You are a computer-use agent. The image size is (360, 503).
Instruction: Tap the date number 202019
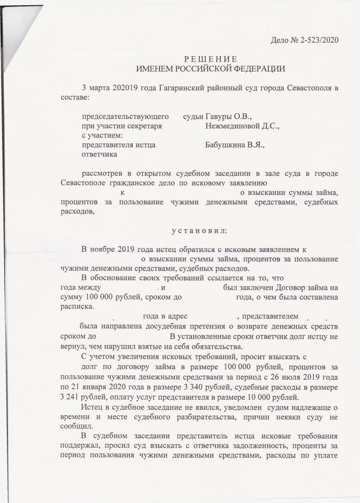(x=124, y=87)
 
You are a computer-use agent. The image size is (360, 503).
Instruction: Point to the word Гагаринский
(x=181, y=87)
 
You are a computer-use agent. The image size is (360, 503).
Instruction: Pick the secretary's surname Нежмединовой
(x=233, y=126)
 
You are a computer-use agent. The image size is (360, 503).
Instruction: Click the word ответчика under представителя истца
(x=100, y=155)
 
